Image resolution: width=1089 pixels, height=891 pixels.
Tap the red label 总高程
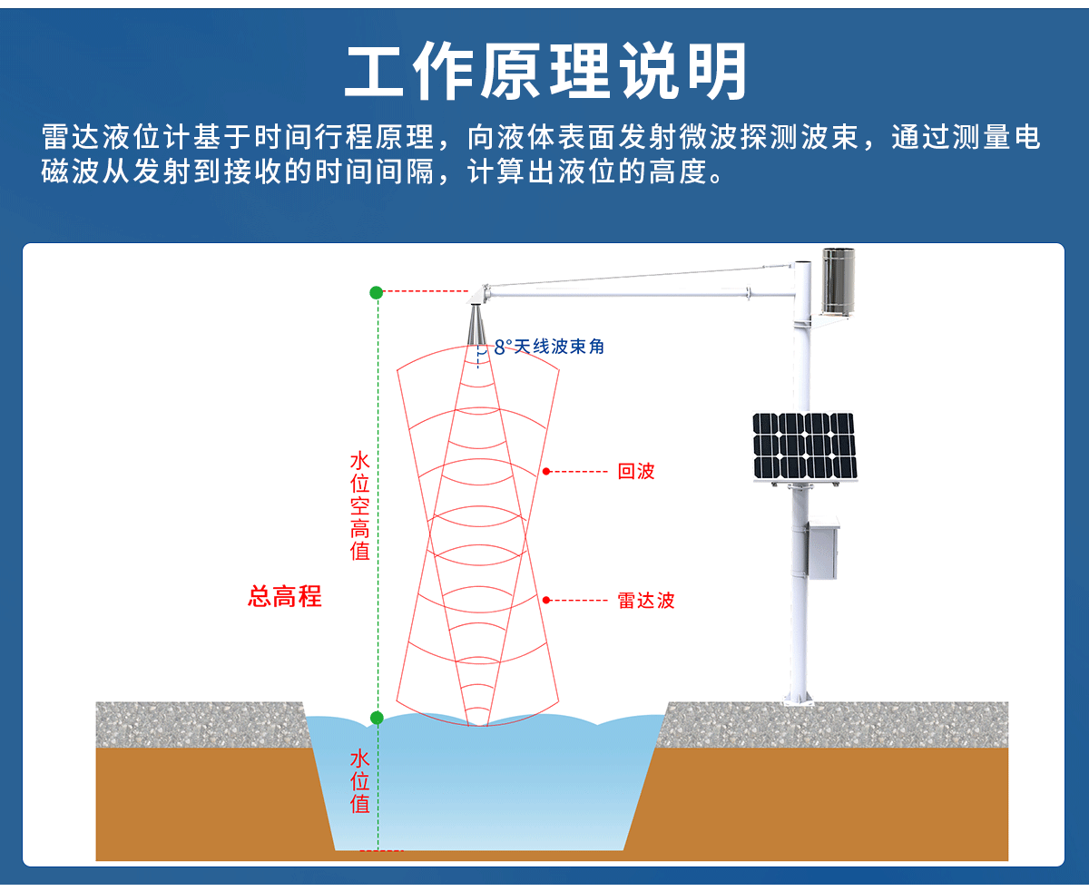[x=285, y=596]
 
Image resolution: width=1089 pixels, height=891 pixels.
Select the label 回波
[x=635, y=471]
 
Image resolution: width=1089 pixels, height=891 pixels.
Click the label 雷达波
[x=646, y=600]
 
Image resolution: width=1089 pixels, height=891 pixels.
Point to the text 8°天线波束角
[x=549, y=347]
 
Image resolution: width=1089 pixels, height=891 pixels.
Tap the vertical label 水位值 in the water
[x=359, y=780]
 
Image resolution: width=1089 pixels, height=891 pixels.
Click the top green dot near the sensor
[x=376, y=292]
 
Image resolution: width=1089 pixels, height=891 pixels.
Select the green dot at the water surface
[x=377, y=718]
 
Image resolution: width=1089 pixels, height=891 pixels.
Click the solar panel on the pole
[x=803, y=445]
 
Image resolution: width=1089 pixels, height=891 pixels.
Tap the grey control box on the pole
[x=823, y=548]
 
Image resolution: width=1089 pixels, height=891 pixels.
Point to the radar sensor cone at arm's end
[x=476, y=324]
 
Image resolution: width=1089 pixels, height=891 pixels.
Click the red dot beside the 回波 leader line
[x=547, y=471]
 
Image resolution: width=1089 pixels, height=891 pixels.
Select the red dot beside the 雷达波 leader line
[x=547, y=600]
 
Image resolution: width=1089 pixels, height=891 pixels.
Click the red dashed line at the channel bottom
[x=381, y=850]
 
